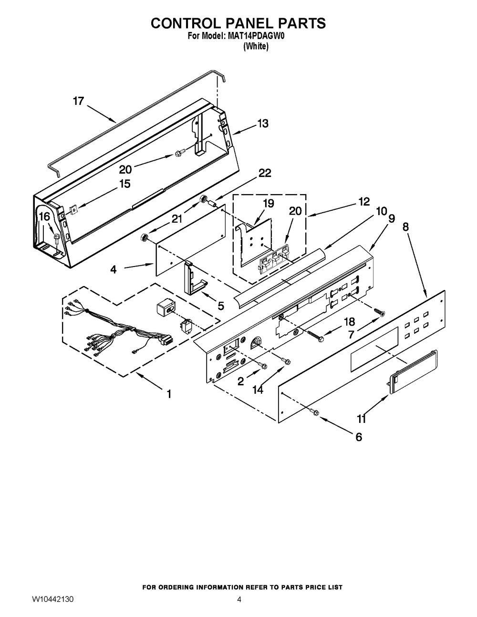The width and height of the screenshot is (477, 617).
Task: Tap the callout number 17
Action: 78,101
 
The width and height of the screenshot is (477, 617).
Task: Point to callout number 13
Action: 262,123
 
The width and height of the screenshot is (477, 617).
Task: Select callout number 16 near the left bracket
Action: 44,216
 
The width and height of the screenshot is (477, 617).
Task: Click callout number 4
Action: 113,269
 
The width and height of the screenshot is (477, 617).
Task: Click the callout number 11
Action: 361,419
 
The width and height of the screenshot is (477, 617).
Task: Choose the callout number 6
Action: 358,437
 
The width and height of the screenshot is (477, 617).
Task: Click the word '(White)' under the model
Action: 256,47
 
